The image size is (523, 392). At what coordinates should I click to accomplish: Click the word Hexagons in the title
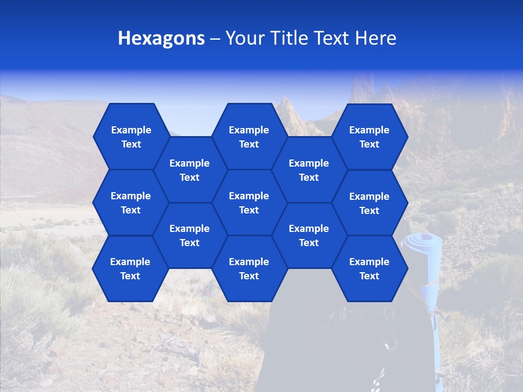click(x=161, y=38)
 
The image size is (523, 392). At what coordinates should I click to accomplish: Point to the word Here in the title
click(x=376, y=38)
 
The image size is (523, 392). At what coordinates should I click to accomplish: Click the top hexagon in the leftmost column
click(x=131, y=137)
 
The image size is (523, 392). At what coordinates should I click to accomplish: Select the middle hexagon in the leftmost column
click(x=131, y=203)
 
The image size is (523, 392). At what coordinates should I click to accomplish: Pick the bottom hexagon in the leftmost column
click(x=130, y=268)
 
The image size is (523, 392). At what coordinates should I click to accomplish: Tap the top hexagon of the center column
click(x=249, y=137)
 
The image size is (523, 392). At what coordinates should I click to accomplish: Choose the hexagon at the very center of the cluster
click(x=249, y=203)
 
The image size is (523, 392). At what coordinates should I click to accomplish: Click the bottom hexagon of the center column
click(x=249, y=268)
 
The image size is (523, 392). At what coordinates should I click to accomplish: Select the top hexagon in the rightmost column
click(x=369, y=137)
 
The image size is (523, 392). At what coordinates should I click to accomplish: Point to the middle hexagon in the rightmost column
click(x=369, y=203)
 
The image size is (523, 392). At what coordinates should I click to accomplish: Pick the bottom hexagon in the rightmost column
click(x=369, y=268)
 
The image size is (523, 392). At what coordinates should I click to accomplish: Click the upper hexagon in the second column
click(x=190, y=170)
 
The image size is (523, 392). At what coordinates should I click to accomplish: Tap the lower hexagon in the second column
click(x=190, y=235)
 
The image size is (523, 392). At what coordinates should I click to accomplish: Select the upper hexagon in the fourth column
click(x=309, y=170)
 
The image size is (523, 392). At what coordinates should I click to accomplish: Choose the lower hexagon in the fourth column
click(x=309, y=235)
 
